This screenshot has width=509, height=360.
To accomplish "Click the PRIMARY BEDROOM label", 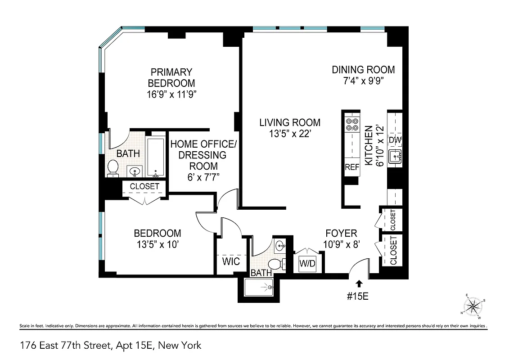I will [x=171, y=77].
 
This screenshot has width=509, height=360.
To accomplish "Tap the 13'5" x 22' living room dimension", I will [x=289, y=134].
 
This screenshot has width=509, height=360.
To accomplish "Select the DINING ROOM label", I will [x=363, y=70].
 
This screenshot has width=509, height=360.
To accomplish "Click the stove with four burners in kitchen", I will [x=351, y=124].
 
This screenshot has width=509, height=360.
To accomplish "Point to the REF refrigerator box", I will [x=351, y=167].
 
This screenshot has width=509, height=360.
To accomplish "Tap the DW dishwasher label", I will [x=395, y=140].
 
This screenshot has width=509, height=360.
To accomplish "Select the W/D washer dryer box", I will [x=307, y=264].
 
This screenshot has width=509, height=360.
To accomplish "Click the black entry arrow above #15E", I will [x=359, y=283].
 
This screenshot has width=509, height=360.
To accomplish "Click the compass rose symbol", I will [x=473, y=307].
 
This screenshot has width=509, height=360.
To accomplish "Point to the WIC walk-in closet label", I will [x=231, y=261].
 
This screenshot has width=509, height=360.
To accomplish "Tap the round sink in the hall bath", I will [x=280, y=246].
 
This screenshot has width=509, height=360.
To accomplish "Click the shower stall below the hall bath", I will [x=259, y=287].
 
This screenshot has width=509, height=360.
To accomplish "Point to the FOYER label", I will [x=341, y=233].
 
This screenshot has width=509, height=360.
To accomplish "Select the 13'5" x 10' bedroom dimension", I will [x=157, y=245].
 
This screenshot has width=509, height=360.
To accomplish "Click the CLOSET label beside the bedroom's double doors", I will [x=144, y=186].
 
